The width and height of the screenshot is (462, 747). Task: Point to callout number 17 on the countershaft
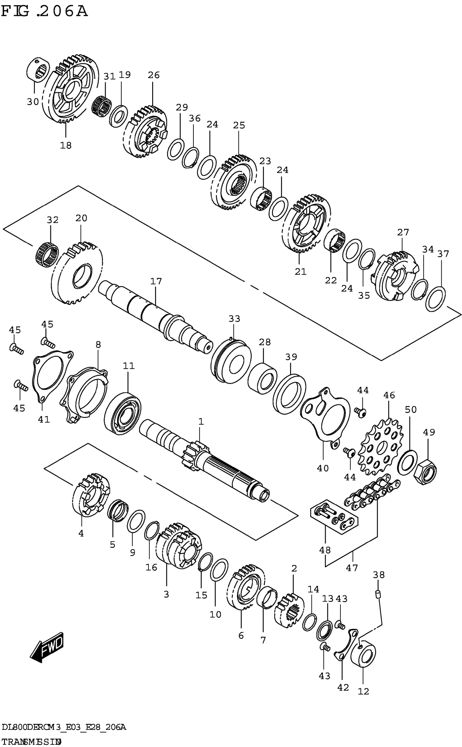coord(156,281)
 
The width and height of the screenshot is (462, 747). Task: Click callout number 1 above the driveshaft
coord(201,422)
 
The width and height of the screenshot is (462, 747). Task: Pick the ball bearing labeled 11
coord(122,413)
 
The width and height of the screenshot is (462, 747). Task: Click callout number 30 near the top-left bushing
coord(33,101)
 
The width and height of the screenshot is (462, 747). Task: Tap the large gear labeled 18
coord(70,89)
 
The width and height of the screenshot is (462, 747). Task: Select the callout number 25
coord(239,125)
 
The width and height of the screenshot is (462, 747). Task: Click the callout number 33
coord(234,319)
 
